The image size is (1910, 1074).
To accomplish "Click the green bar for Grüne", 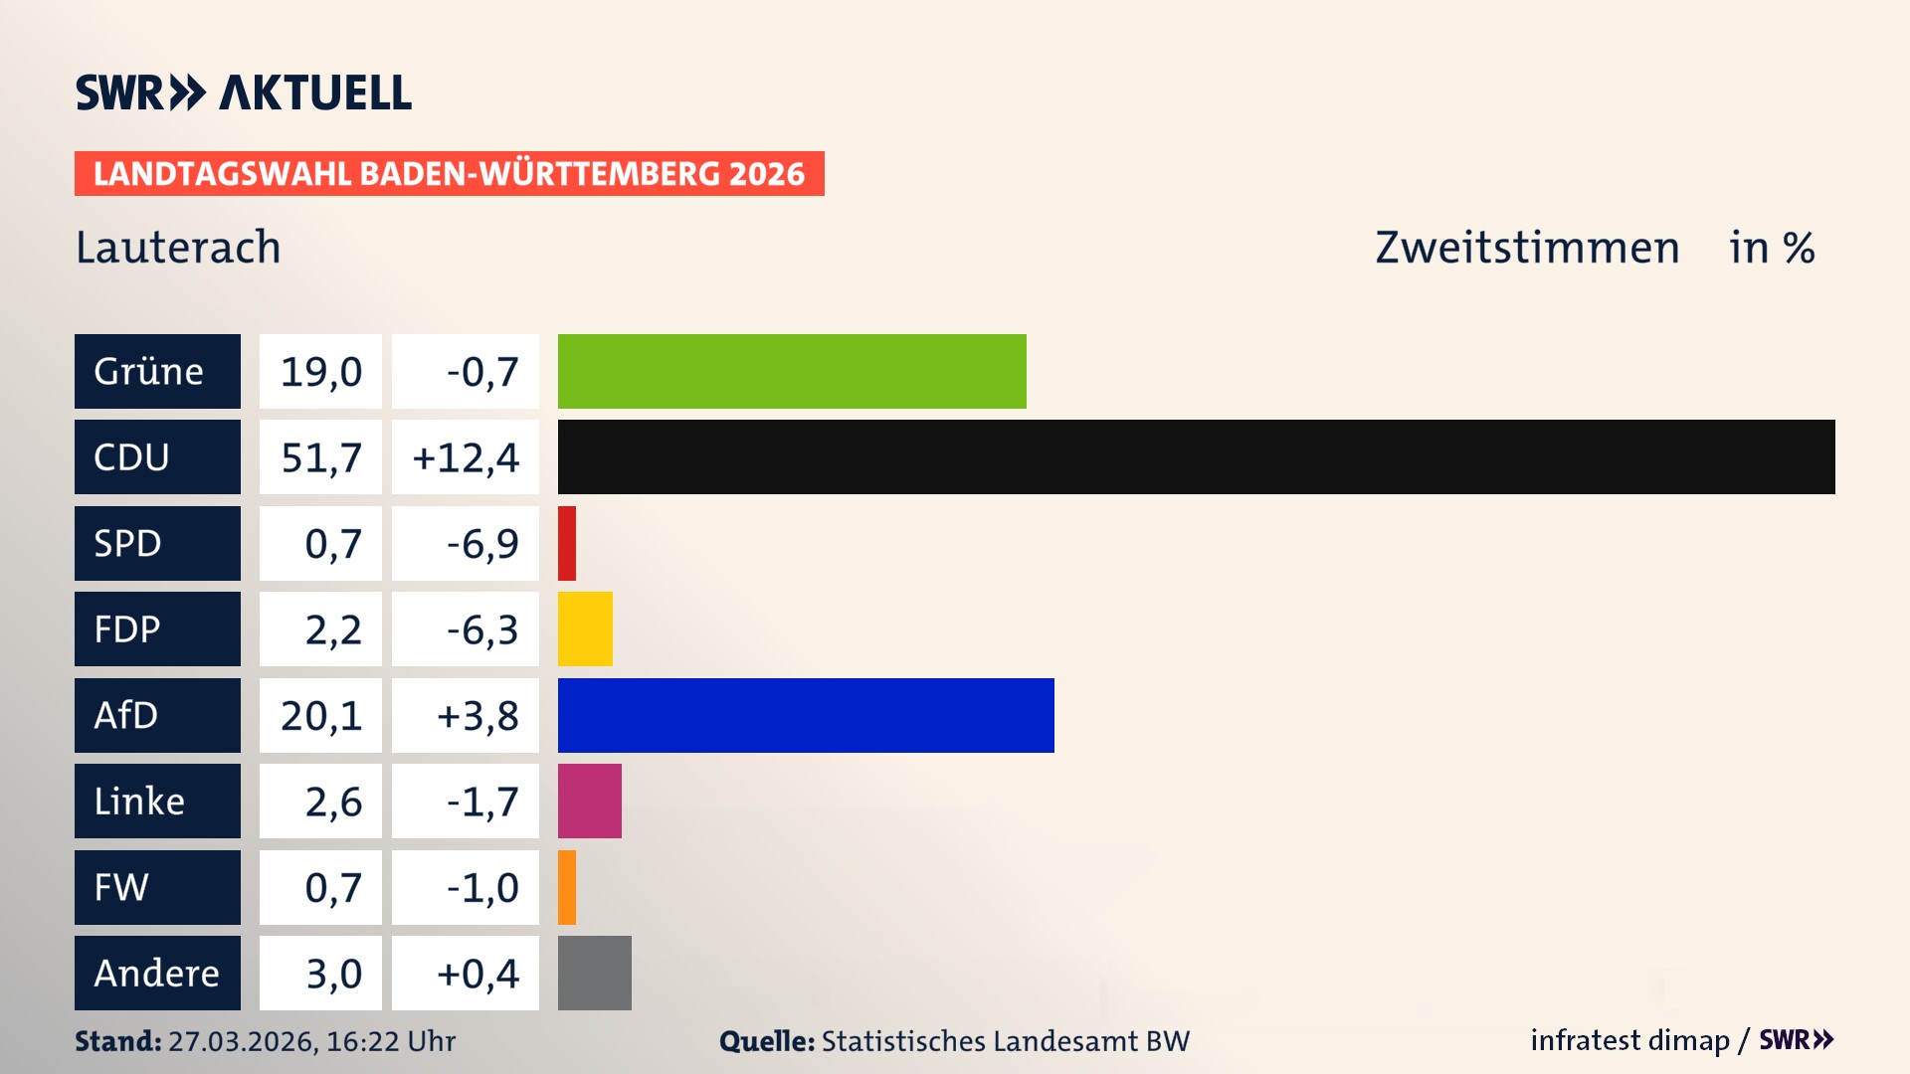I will pyautogui.click(x=792, y=371).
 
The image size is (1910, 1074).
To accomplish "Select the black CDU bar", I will pyautogui.click(x=1196, y=456).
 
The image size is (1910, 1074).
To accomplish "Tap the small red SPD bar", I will pyautogui.click(x=567, y=543).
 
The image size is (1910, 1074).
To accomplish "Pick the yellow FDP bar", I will pyautogui.click(x=585, y=628).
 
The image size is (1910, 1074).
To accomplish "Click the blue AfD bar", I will pyautogui.click(x=806, y=715).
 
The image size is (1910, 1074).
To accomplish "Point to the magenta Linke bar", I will pyautogui.click(x=590, y=801).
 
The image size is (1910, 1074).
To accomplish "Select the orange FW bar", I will pyautogui.click(x=567, y=887).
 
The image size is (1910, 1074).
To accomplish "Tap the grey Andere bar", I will pyautogui.click(x=595, y=973).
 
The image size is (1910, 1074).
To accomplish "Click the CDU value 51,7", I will pyautogui.click(x=320, y=457).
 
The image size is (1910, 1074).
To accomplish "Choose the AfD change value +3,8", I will pyautogui.click(x=477, y=716).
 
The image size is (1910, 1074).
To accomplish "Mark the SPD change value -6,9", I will pyautogui.click(x=482, y=544).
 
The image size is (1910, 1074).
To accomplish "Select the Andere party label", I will pyautogui.click(x=157, y=973).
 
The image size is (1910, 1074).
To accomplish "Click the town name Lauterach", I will pyautogui.click(x=179, y=248).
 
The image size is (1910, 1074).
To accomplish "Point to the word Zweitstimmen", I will pyautogui.click(x=1527, y=248).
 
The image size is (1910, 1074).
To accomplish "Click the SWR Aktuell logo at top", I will pyautogui.click(x=244, y=92).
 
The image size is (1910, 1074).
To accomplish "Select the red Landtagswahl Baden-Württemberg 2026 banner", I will pyautogui.click(x=449, y=174).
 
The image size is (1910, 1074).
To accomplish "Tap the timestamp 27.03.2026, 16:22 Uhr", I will pyautogui.click(x=311, y=1041).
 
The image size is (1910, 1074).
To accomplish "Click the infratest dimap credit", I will pyautogui.click(x=1629, y=1040).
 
